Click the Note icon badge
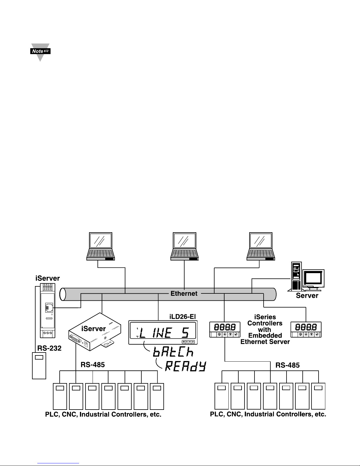coord(40,51)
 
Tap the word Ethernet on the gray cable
coord(184,293)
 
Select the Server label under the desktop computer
coord(307,295)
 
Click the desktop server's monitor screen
coord(313,278)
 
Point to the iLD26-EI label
coord(182,317)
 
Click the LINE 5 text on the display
coord(164,333)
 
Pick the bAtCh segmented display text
coord(173,352)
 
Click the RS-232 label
coord(49,348)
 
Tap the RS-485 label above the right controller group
coord(287,365)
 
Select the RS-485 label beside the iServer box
coord(93,365)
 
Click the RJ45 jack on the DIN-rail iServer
coord(49,308)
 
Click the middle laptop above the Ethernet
coord(185,246)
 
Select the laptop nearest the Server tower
coord(261,246)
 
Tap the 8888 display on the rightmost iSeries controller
coord(306,327)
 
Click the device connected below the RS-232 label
coord(39,366)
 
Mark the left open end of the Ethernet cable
coord(63,294)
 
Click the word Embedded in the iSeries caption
coord(265,335)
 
